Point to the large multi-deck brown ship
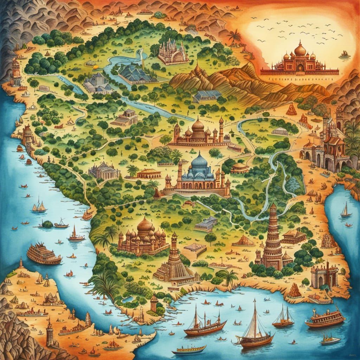(x=44, y=254)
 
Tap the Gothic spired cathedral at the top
(x=172, y=53)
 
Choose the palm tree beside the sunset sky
(x=234, y=37)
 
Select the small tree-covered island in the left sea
(x=47, y=224)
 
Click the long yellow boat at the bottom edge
(x=191, y=349)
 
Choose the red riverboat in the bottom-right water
(x=325, y=318)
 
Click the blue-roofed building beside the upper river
(x=135, y=73)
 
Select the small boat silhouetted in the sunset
(x=345, y=54)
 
